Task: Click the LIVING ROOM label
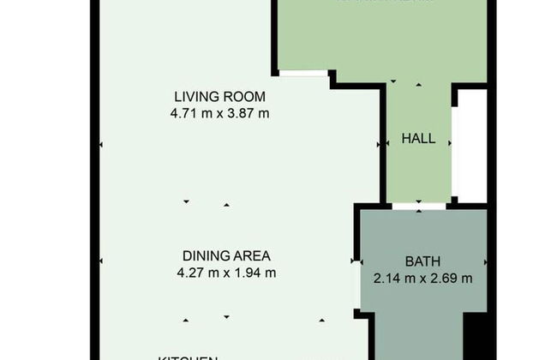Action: (x=220, y=96)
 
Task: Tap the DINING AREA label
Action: (x=226, y=255)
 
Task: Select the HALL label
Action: (x=418, y=138)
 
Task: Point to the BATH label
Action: (x=423, y=261)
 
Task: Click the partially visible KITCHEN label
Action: (x=187, y=357)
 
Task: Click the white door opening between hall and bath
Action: (x=419, y=207)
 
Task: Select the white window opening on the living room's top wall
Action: (x=303, y=74)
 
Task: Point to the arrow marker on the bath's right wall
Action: (x=485, y=261)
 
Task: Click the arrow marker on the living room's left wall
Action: (x=101, y=146)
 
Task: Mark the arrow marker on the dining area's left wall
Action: (x=101, y=261)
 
